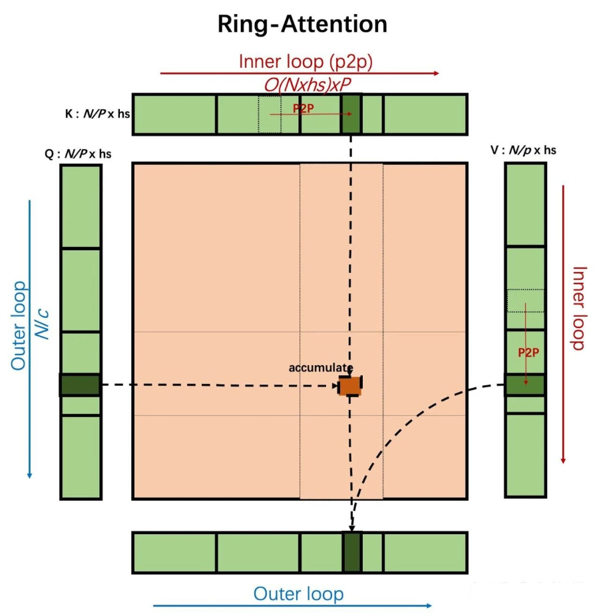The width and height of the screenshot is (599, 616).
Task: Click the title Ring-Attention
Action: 302,25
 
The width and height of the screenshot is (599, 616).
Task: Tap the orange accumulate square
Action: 350,385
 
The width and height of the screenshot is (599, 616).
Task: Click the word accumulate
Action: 320,367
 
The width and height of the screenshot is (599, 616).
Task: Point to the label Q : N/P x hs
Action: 78,154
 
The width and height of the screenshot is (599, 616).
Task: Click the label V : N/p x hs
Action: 523,150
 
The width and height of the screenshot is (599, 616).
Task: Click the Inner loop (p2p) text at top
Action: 305,61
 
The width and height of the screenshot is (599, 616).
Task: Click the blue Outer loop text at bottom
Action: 299,593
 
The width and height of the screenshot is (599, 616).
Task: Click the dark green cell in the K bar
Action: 351,114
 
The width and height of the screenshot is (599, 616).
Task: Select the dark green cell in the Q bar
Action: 80,385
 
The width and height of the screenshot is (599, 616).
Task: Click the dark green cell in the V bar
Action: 524,385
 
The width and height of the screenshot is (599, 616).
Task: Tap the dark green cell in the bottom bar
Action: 351,551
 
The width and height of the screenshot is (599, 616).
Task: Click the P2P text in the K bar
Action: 303,108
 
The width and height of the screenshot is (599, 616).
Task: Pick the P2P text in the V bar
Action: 528,352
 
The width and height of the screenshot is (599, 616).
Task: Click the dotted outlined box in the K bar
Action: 270,114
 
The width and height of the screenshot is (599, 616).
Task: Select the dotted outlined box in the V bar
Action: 525,301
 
